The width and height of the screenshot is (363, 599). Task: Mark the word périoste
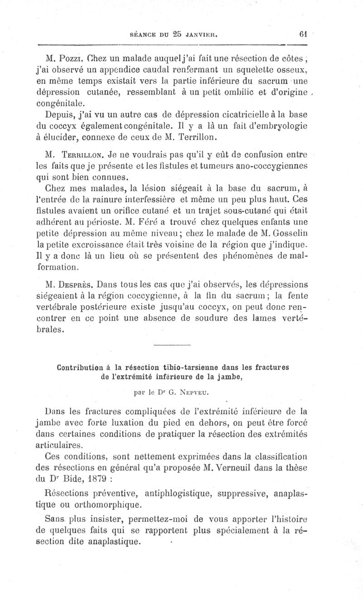pyautogui.click(x=111, y=223)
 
